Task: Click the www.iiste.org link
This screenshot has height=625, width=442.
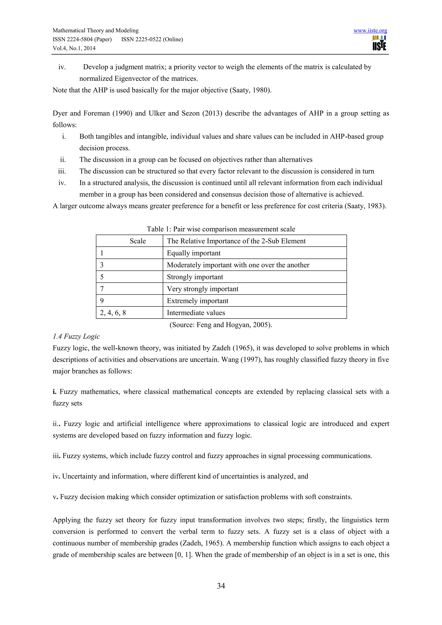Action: (370, 30)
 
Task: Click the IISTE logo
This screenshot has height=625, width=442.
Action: (379, 43)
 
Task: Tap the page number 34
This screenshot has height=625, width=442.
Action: (221, 586)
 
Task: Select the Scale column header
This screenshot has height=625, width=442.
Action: (138, 241)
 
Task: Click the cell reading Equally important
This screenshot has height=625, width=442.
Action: (194, 253)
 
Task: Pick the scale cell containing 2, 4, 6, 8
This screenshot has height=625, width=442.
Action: (113, 312)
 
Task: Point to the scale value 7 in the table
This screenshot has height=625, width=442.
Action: (102, 289)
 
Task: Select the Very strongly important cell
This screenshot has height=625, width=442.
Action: (202, 289)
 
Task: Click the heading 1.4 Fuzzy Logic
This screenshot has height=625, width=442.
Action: (76, 336)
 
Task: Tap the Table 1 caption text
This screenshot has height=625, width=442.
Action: (221, 229)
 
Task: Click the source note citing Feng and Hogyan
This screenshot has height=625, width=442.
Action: (221, 325)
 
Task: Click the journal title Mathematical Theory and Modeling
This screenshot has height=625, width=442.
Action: (96, 30)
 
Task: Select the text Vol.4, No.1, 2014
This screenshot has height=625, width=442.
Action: (74, 48)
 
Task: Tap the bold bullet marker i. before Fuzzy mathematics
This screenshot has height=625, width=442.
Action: (54, 392)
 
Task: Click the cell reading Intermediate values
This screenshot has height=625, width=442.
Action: (196, 313)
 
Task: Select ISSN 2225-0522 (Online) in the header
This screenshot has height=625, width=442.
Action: (152, 39)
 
